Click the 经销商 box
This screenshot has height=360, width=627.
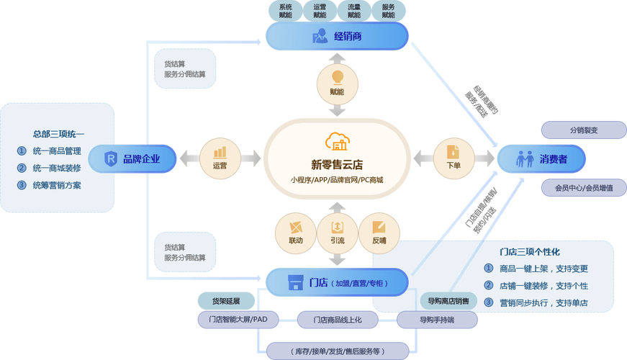click(336, 36)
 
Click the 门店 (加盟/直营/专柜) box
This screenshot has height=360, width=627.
click(337, 282)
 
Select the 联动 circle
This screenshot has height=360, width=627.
click(295, 232)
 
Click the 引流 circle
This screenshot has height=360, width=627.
click(336, 232)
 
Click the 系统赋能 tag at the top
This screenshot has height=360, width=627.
click(285, 10)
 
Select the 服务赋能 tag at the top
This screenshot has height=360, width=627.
click(388, 10)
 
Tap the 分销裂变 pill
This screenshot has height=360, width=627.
click(583, 130)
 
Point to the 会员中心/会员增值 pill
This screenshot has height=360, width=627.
click(583, 188)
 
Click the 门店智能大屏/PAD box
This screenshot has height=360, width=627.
click(238, 319)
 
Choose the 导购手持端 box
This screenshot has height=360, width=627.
click(438, 319)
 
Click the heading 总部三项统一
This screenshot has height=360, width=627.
click(59, 134)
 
